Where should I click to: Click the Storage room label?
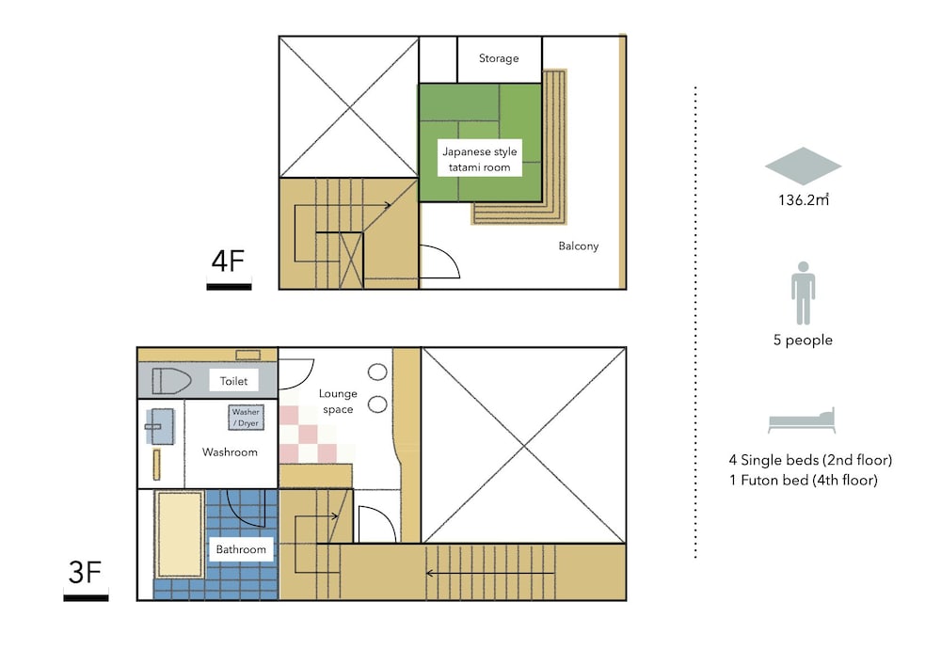click(499, 58)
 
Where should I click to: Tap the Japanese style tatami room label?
click(480, 160)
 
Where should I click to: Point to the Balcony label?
click(579, 245)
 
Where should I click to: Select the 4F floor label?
click(228, 261)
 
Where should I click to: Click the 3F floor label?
click(85, 573)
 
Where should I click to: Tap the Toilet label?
click(233, 381)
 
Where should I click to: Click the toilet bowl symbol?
click(171, 381)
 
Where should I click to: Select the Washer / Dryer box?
click(246, 418)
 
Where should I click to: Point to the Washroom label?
click(230, 452)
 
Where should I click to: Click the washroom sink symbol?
click(160, 426)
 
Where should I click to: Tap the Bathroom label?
click(241, 549)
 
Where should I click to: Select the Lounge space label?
click(338, 401)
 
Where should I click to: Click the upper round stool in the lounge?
click(377, 372)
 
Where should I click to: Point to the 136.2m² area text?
click(804, 199)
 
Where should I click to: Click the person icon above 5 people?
click(803, 293)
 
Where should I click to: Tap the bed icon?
click(802, 420)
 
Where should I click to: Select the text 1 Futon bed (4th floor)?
click(804, 481)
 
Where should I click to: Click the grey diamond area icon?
click(803, 166)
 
